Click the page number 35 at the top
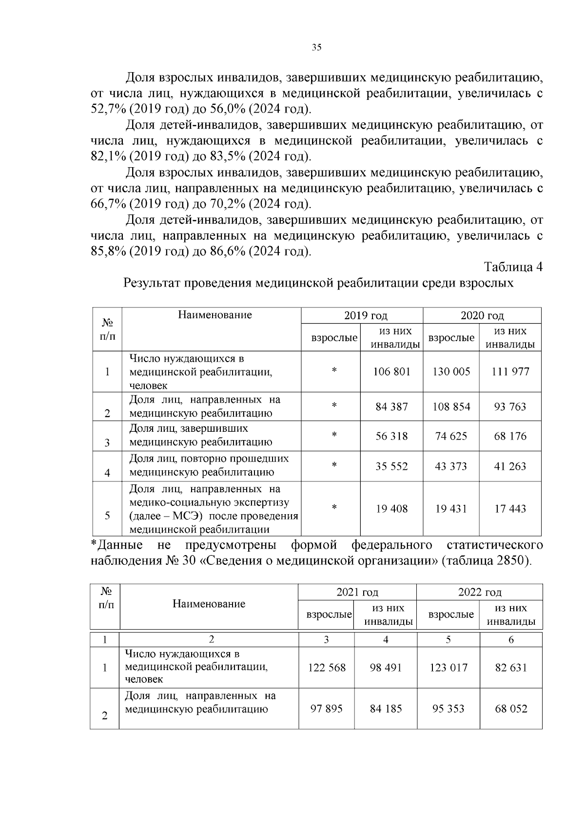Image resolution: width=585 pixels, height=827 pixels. [x=316, y=47]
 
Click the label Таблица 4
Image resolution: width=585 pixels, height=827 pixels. [x=513, y=267]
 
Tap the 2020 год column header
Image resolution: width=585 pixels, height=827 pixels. [x=482, y=316]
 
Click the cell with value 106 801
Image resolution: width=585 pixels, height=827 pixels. [x=392, y=372]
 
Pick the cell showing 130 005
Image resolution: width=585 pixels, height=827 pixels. [x=451, y=372]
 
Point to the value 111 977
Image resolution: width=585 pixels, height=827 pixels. [x=510, y=372]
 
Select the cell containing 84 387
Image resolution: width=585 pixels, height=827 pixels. [x=392, y=406]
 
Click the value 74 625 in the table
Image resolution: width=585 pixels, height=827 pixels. [x=451, y=436]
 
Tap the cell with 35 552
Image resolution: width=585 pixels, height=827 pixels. [x=392, y=466]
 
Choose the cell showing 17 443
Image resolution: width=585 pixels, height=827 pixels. [x=510, y=509]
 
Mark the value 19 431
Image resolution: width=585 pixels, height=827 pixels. [x=451, y=509]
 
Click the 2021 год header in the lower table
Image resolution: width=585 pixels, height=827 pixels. [x=357, y=592]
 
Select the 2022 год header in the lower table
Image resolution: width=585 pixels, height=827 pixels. [x=480, y=592]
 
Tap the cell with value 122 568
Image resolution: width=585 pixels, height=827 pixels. [x=327, y=668]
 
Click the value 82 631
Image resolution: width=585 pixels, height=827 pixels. [x=511, y=668]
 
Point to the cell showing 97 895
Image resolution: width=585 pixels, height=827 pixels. [x=327, y=709]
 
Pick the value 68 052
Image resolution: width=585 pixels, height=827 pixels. [x=511, y=709]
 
